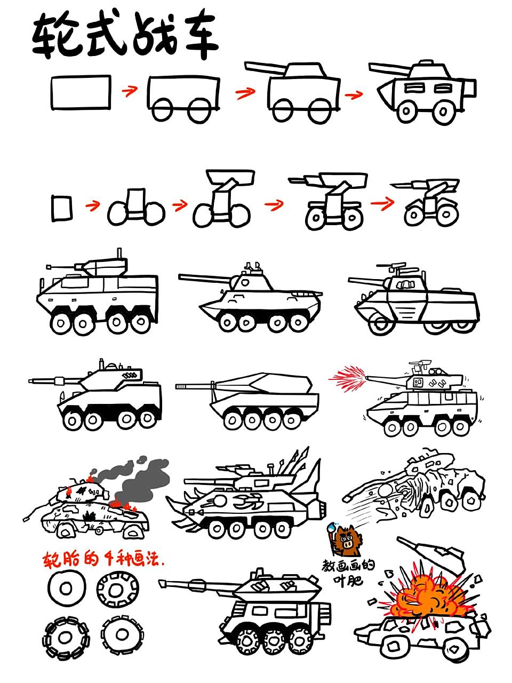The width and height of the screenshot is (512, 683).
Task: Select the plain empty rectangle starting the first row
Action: coord(81,92)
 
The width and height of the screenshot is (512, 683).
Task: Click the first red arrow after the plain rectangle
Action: coord(129,91)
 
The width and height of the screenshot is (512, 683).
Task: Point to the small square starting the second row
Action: coord(62,208)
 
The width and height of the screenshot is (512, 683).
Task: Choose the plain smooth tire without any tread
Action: coord(66,589)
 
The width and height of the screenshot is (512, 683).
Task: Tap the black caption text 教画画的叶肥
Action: coord(348,572)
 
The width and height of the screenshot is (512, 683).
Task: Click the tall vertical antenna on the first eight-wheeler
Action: coord(118,255)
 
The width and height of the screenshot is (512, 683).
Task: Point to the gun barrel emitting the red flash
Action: coord(387,379)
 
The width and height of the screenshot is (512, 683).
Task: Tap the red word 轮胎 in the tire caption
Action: coord(60,560)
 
